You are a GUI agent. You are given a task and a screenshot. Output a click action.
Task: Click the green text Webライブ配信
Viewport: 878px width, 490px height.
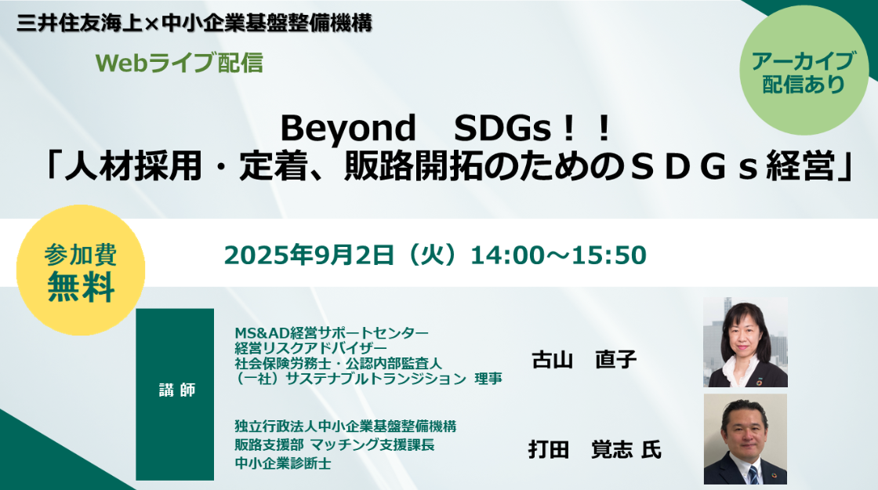click(180, 63)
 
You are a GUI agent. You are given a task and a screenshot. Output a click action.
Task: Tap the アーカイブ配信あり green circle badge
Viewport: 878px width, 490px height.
click(804, 71)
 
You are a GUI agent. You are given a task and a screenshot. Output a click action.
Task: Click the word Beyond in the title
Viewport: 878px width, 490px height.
click(348, 129)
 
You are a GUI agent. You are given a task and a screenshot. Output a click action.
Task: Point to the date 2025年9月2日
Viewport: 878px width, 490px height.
click(309, 255)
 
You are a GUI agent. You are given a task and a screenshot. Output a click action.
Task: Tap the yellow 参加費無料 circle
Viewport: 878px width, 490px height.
click(81, 270)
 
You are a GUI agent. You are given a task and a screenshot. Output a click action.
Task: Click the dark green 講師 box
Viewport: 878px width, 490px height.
click(175, 394)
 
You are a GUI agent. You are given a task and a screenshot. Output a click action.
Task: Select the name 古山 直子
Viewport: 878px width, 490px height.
click(584, 360)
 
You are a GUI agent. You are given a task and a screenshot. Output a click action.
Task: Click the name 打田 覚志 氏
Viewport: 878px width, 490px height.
click(595, 450)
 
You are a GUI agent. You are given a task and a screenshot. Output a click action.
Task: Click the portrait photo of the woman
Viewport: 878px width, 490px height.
click(746, 342)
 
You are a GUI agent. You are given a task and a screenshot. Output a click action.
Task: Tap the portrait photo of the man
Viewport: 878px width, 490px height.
click(746, 439)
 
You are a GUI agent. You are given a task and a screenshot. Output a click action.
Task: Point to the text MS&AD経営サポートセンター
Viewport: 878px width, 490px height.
click(332, 333)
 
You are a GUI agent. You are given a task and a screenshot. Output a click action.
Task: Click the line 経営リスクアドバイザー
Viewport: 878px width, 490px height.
click(310, 348)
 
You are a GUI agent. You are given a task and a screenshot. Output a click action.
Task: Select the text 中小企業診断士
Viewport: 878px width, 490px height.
click(283, 463)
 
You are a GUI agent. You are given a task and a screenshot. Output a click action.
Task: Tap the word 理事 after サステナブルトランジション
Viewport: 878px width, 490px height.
click(488, 379)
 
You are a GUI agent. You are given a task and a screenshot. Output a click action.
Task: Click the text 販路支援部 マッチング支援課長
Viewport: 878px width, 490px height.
click(334, 445)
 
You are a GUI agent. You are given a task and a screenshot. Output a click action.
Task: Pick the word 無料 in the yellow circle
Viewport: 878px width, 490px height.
click(82, 287)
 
